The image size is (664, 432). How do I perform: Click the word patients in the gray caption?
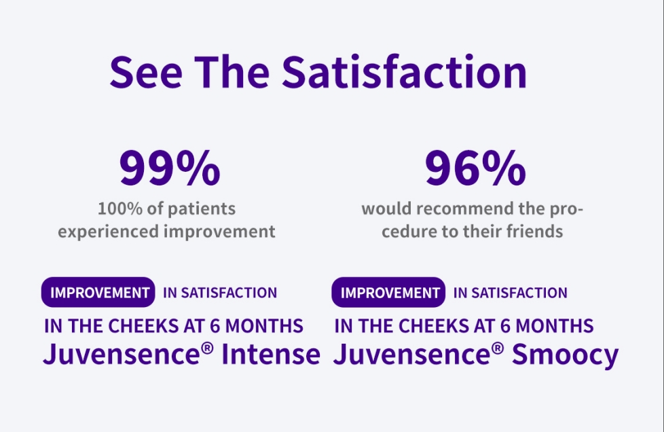[204, 208]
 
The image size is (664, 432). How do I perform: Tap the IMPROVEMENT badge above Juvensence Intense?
[99, 293]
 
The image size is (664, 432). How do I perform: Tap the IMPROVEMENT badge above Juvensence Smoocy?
[389, 293]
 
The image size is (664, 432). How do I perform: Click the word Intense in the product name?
[276, 354]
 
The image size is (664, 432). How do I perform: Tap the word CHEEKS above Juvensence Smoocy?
[431, 326]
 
